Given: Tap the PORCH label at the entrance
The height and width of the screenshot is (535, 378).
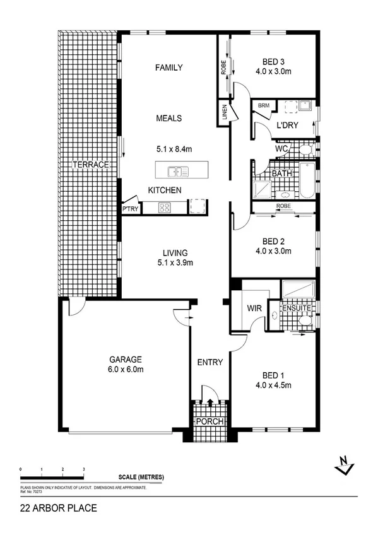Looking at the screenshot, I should pos(209,421).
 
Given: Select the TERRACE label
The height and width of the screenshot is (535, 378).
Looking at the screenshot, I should pos(91,165).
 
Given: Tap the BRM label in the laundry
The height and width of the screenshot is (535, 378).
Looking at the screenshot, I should pos(264,106).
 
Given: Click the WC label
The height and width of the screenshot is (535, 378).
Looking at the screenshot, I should pos(281,149).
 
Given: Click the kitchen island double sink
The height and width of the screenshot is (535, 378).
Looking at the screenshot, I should pos(175,171).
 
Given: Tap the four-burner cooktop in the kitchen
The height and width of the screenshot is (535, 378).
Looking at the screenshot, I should pos(165,208).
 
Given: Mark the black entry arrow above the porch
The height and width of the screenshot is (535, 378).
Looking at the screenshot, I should pos(209,401).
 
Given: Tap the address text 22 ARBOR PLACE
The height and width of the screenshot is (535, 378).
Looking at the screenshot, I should pos(59,507).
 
